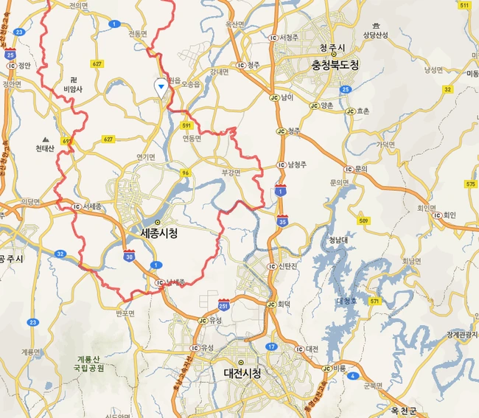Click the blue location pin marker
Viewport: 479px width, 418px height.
coord(160,86)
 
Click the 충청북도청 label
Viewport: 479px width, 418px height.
coord(335,65)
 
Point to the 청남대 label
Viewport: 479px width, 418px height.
coord(338,239)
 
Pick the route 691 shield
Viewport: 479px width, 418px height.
coord(69,141)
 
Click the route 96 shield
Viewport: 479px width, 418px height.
coord(186,173)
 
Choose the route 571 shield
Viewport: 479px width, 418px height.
coord(375,301)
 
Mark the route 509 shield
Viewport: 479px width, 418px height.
coord(365,220)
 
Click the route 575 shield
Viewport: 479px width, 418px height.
coord(470,183)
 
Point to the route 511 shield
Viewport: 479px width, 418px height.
coord(464,5)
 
